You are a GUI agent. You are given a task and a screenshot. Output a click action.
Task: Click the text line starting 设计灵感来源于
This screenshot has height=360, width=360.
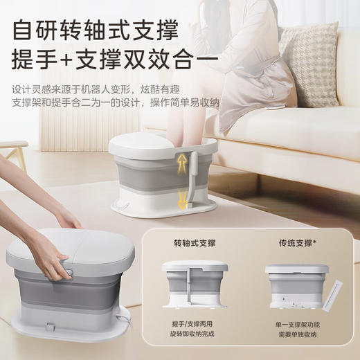click(x=93, y=89)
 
